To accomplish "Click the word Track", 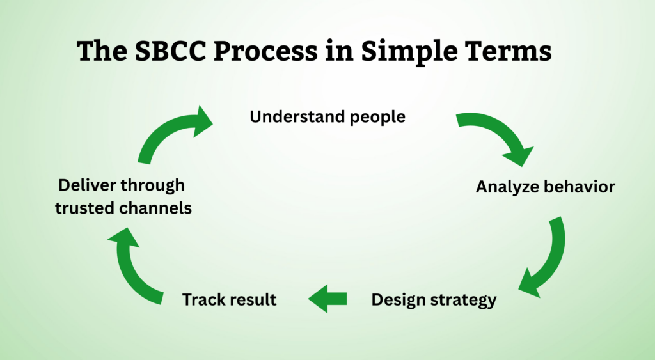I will (203, 299).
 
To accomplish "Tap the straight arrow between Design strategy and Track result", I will (327, 299).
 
